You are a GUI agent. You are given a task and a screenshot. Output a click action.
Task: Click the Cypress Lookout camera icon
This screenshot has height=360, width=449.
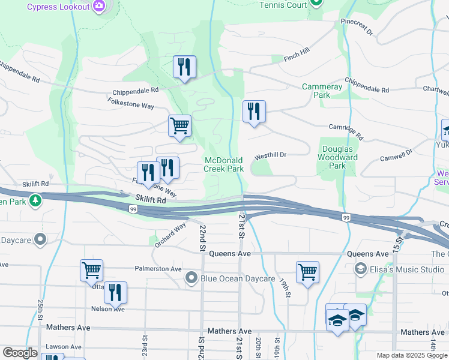[x=99, y=7]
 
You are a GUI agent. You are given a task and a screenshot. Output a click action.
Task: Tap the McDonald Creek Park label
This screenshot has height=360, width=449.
[x=224, y=164]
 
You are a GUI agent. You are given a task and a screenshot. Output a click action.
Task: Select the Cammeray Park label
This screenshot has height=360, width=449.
[x=322, y=91]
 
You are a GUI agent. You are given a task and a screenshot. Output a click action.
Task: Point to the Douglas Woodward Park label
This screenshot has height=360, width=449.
[x=339, y=157]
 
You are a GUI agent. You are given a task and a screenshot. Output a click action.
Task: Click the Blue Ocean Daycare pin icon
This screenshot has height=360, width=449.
[x=191, y=278]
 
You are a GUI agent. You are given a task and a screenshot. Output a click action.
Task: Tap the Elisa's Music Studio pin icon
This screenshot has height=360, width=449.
[x=361, y=268]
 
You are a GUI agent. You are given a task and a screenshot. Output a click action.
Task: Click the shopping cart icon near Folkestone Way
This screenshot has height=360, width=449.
[x=179, y=126]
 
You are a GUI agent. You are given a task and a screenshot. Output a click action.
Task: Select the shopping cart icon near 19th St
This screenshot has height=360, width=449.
[x=307, y=271]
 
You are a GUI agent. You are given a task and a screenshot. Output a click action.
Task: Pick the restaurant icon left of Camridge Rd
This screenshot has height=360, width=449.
[x=254, y=111]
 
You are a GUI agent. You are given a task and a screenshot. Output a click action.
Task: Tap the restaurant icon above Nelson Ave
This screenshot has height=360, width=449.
[x=115, y=292]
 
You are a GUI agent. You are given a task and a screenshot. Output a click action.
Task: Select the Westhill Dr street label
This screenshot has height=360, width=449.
[x=270, y=155]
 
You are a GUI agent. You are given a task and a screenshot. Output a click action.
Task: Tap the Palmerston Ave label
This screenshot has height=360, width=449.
[x=158, y=269]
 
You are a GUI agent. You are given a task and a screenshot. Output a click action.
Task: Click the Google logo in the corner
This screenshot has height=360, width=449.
[x=20, y=353]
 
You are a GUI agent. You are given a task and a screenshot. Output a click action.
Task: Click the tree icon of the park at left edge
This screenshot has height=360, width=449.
[x=36, y=200]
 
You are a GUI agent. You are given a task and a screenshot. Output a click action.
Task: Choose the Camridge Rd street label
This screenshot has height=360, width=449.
[x=346, y=131]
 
